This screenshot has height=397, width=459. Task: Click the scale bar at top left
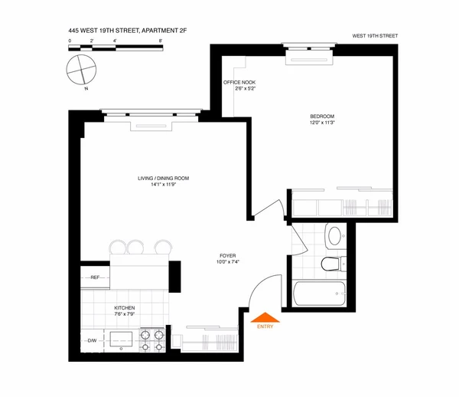115,48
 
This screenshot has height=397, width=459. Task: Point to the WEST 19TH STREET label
375,36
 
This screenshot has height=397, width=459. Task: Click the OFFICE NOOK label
238,82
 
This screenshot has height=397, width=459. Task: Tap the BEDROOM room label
321,116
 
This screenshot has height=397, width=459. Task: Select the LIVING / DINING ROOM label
163,178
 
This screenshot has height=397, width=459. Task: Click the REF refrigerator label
95,277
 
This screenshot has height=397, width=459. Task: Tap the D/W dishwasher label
92,340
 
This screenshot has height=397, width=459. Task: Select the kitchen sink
121,336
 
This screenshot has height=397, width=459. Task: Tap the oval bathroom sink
334,234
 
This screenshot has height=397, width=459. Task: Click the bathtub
320,294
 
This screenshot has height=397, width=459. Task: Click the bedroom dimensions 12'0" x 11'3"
321,124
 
